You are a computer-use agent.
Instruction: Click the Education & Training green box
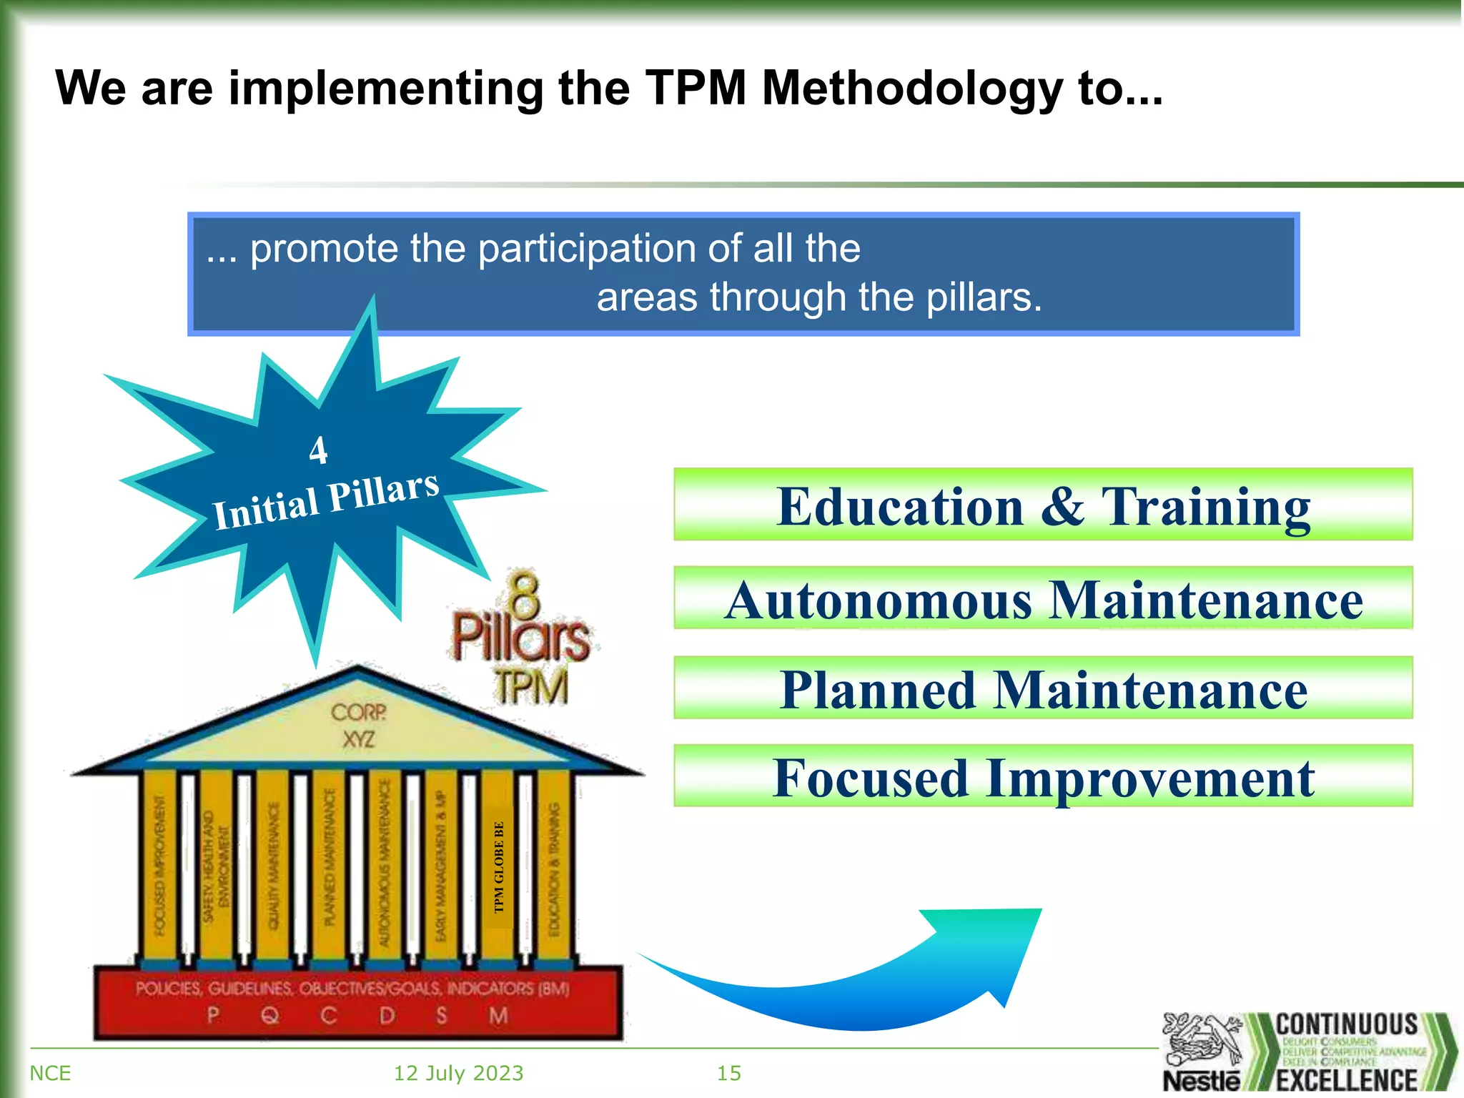[1043, 505]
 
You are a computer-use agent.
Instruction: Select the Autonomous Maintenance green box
[1043, 598]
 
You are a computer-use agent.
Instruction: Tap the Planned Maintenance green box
[1043, 688]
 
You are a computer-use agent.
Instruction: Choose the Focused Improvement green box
[1043, 776]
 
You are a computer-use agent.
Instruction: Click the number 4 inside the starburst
[318, 450]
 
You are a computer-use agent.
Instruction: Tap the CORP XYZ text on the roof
[358, 725]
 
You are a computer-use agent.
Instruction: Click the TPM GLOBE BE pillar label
[499, 866]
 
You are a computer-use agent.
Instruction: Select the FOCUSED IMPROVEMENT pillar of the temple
[159, 865]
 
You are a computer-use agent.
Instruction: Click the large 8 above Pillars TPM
[525, 593]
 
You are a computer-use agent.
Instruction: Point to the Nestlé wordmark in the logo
[1202, 1080]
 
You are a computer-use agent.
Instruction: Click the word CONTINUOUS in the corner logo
[1347, 1024]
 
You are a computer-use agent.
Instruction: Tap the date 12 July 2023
[458, 1073]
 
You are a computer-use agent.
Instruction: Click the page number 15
[729, 1073]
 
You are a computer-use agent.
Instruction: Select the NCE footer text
[50, 1073]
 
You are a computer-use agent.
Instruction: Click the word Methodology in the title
[912, 89]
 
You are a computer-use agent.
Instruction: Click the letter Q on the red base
[270, 1015]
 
